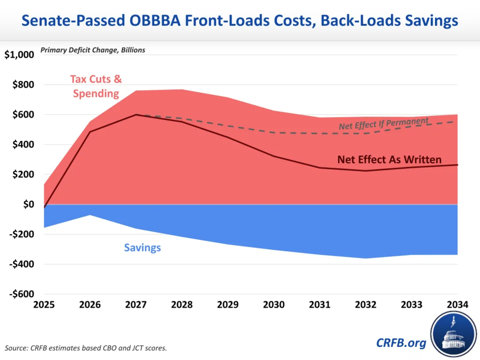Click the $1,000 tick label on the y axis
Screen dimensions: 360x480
[x=19, y=55]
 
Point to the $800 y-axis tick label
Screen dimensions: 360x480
[x=23, y=85]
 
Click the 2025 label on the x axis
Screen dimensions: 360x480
[x=44, y=305]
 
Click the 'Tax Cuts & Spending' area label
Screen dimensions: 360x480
[x=96, y=86]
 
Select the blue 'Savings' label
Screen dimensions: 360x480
[x=143, y=248]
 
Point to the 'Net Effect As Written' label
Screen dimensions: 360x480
[x=389, y=160]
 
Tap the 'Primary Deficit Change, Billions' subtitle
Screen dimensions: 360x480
[x=93, y=49]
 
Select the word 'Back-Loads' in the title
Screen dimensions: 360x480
[x=350, y=21]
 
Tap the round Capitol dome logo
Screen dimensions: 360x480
[x=454, y=334]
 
